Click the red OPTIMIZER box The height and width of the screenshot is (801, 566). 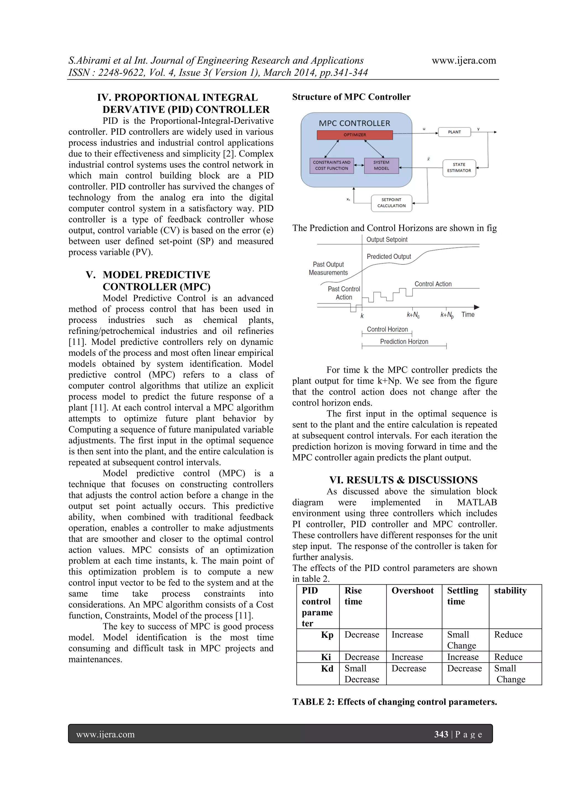click(355, 135)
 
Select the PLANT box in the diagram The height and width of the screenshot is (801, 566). click(454, 132)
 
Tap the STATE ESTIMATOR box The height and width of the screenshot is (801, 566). click(459, 168)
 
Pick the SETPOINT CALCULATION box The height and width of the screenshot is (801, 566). click(391, 203)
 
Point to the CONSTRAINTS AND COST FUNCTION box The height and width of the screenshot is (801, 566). click(331, 165)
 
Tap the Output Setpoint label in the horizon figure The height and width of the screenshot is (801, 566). click(387, 240)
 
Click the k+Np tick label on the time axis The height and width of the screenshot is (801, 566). click(447, 315)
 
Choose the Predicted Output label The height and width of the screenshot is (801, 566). click(389, 256)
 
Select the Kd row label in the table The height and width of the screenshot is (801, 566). click(327, 668)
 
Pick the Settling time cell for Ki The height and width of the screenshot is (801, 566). click(462, 657)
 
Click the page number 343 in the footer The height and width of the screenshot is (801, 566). click(441, 734)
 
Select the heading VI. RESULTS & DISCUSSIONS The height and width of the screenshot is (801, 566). click(403, 480)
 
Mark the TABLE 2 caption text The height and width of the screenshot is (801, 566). click(394, 702)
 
